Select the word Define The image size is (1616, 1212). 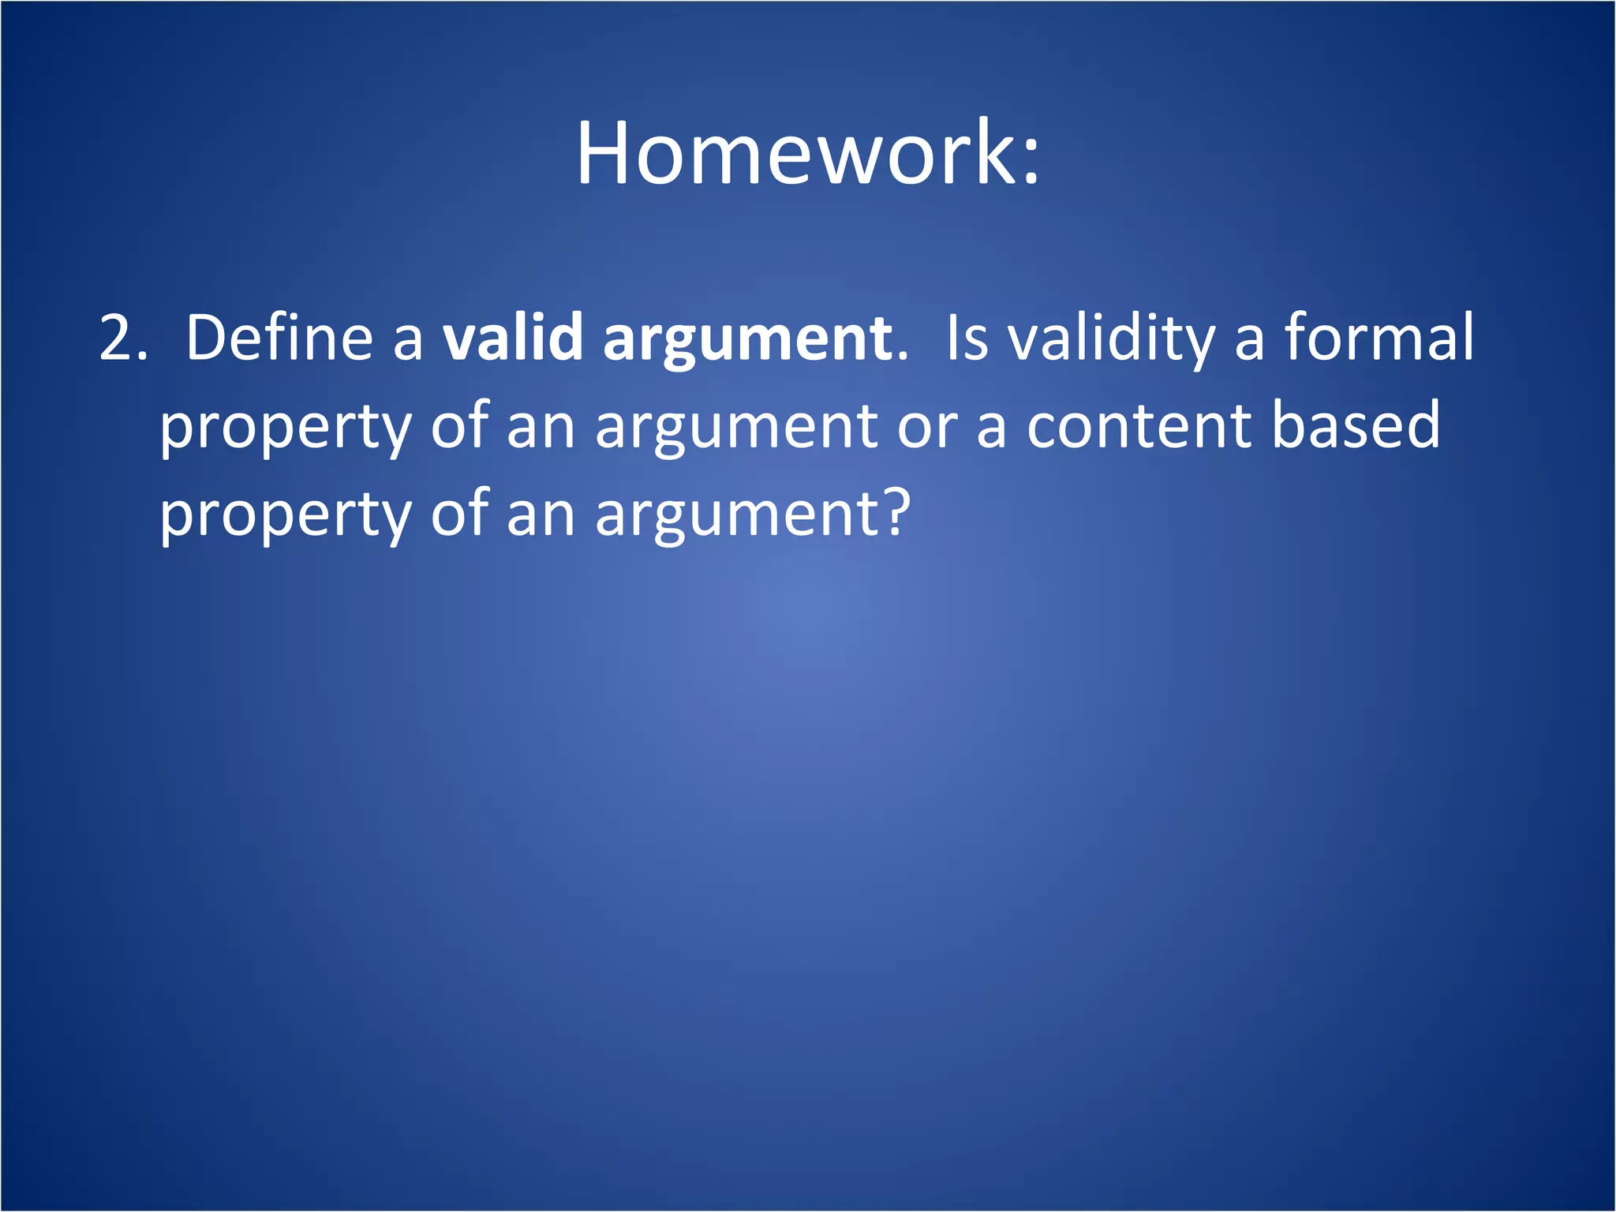(x=279, y=338)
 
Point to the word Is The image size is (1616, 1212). (x=967, y=338)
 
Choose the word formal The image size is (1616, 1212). (x=1378, y=338)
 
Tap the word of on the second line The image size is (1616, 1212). (x=459, y=426)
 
